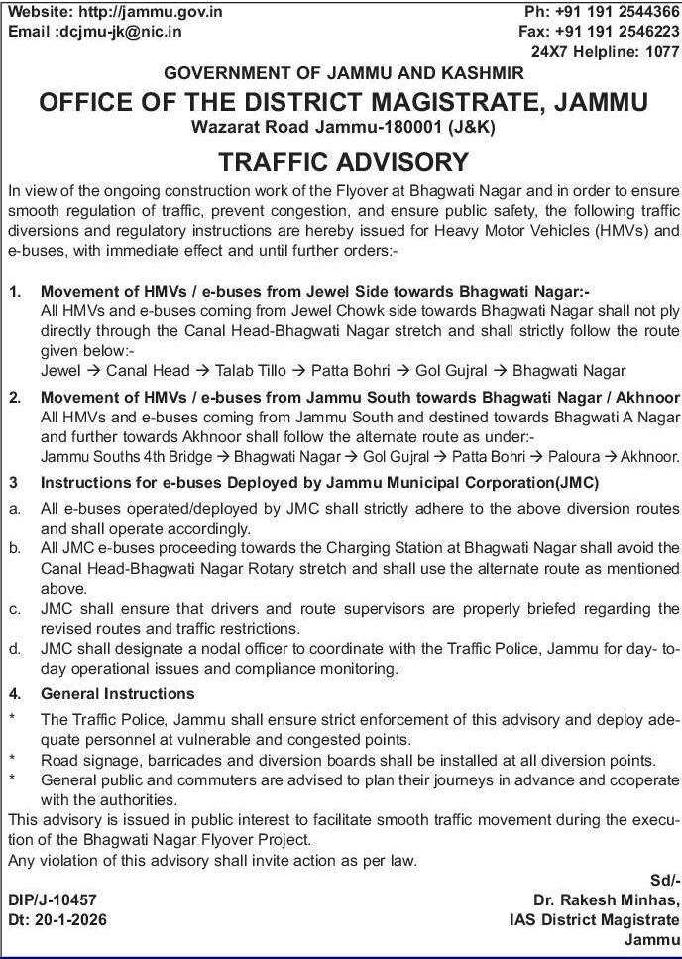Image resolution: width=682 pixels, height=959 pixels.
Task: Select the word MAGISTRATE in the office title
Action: coord(477,102)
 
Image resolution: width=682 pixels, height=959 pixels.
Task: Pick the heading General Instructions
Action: coord(117,693)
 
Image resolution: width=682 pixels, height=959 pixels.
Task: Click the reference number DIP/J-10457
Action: coord(53,899)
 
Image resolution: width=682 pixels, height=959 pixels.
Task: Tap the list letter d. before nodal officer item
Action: coord(15,649)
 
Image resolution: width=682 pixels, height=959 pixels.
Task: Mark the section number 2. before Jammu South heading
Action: coord(15,398)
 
